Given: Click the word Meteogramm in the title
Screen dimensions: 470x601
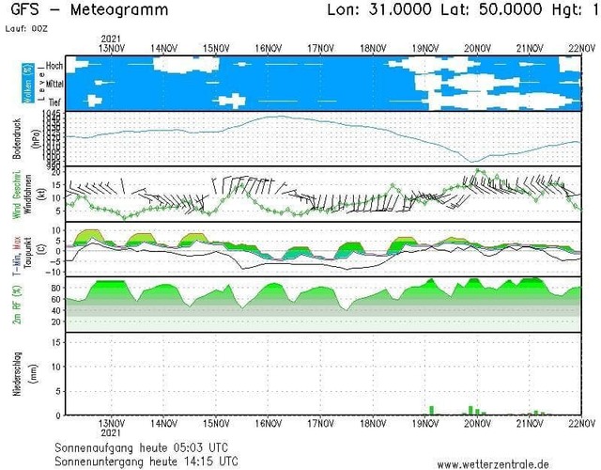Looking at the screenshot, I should pos(123,10).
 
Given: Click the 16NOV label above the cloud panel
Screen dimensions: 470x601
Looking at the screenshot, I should pos(270,48).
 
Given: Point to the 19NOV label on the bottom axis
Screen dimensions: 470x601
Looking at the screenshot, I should pos(426,423).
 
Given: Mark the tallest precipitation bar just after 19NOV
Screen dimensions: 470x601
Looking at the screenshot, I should pos(431,410).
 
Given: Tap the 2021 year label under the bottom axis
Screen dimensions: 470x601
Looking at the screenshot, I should pos(112,433).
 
